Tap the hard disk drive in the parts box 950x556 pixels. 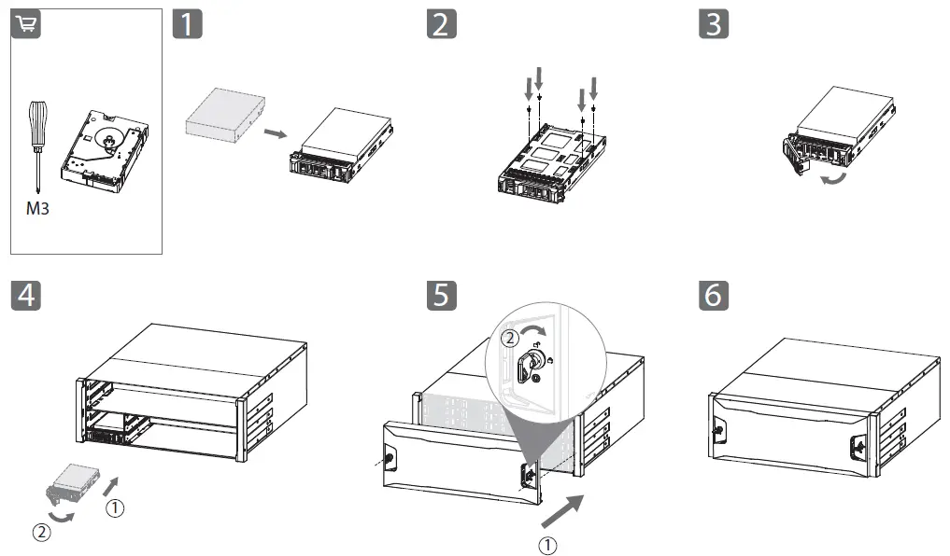(104, 149)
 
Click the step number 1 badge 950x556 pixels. (188, 23)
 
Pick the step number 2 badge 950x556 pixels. (442, 23)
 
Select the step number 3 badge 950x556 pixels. (714, 23)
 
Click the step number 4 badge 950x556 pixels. (25, 295)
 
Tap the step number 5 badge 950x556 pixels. (442, 295)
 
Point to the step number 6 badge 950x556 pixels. (714, 295)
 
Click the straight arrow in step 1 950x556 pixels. (272, 134)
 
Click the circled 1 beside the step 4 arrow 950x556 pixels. (117, 507)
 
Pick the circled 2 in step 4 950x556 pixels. (42, 533)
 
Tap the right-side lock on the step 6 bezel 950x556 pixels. (858, 446)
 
